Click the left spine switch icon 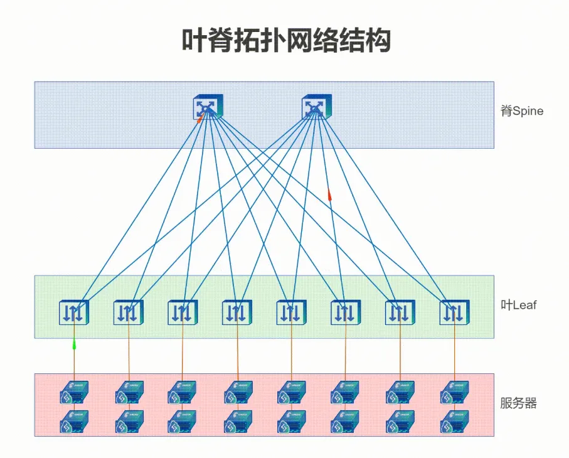[x=208, y=107]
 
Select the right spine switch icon [x=316, y=107]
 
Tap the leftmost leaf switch [x=74, y=312]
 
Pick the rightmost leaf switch [x=455, y=312]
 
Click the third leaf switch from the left [x=183, y=312]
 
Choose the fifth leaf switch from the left [x=291, y=312]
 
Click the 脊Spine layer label [x=522, y=110]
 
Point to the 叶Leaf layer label [x=519, y=305]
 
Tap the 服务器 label [x=518, y=403]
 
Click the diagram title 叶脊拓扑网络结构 [x=286, y=40]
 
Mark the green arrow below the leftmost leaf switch [x=74, y=344]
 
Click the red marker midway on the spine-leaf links [x=329, y=194]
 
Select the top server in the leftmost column [x=74, y=392]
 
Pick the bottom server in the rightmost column [x=454, y=422]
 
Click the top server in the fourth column [x=238, y=392]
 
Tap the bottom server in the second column [x=129, y=422]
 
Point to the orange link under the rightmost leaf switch [x=455, y=350]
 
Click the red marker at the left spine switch [x=199, y=119]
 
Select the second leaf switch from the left [x=129, y=312]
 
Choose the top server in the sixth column [x=345, y=392]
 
